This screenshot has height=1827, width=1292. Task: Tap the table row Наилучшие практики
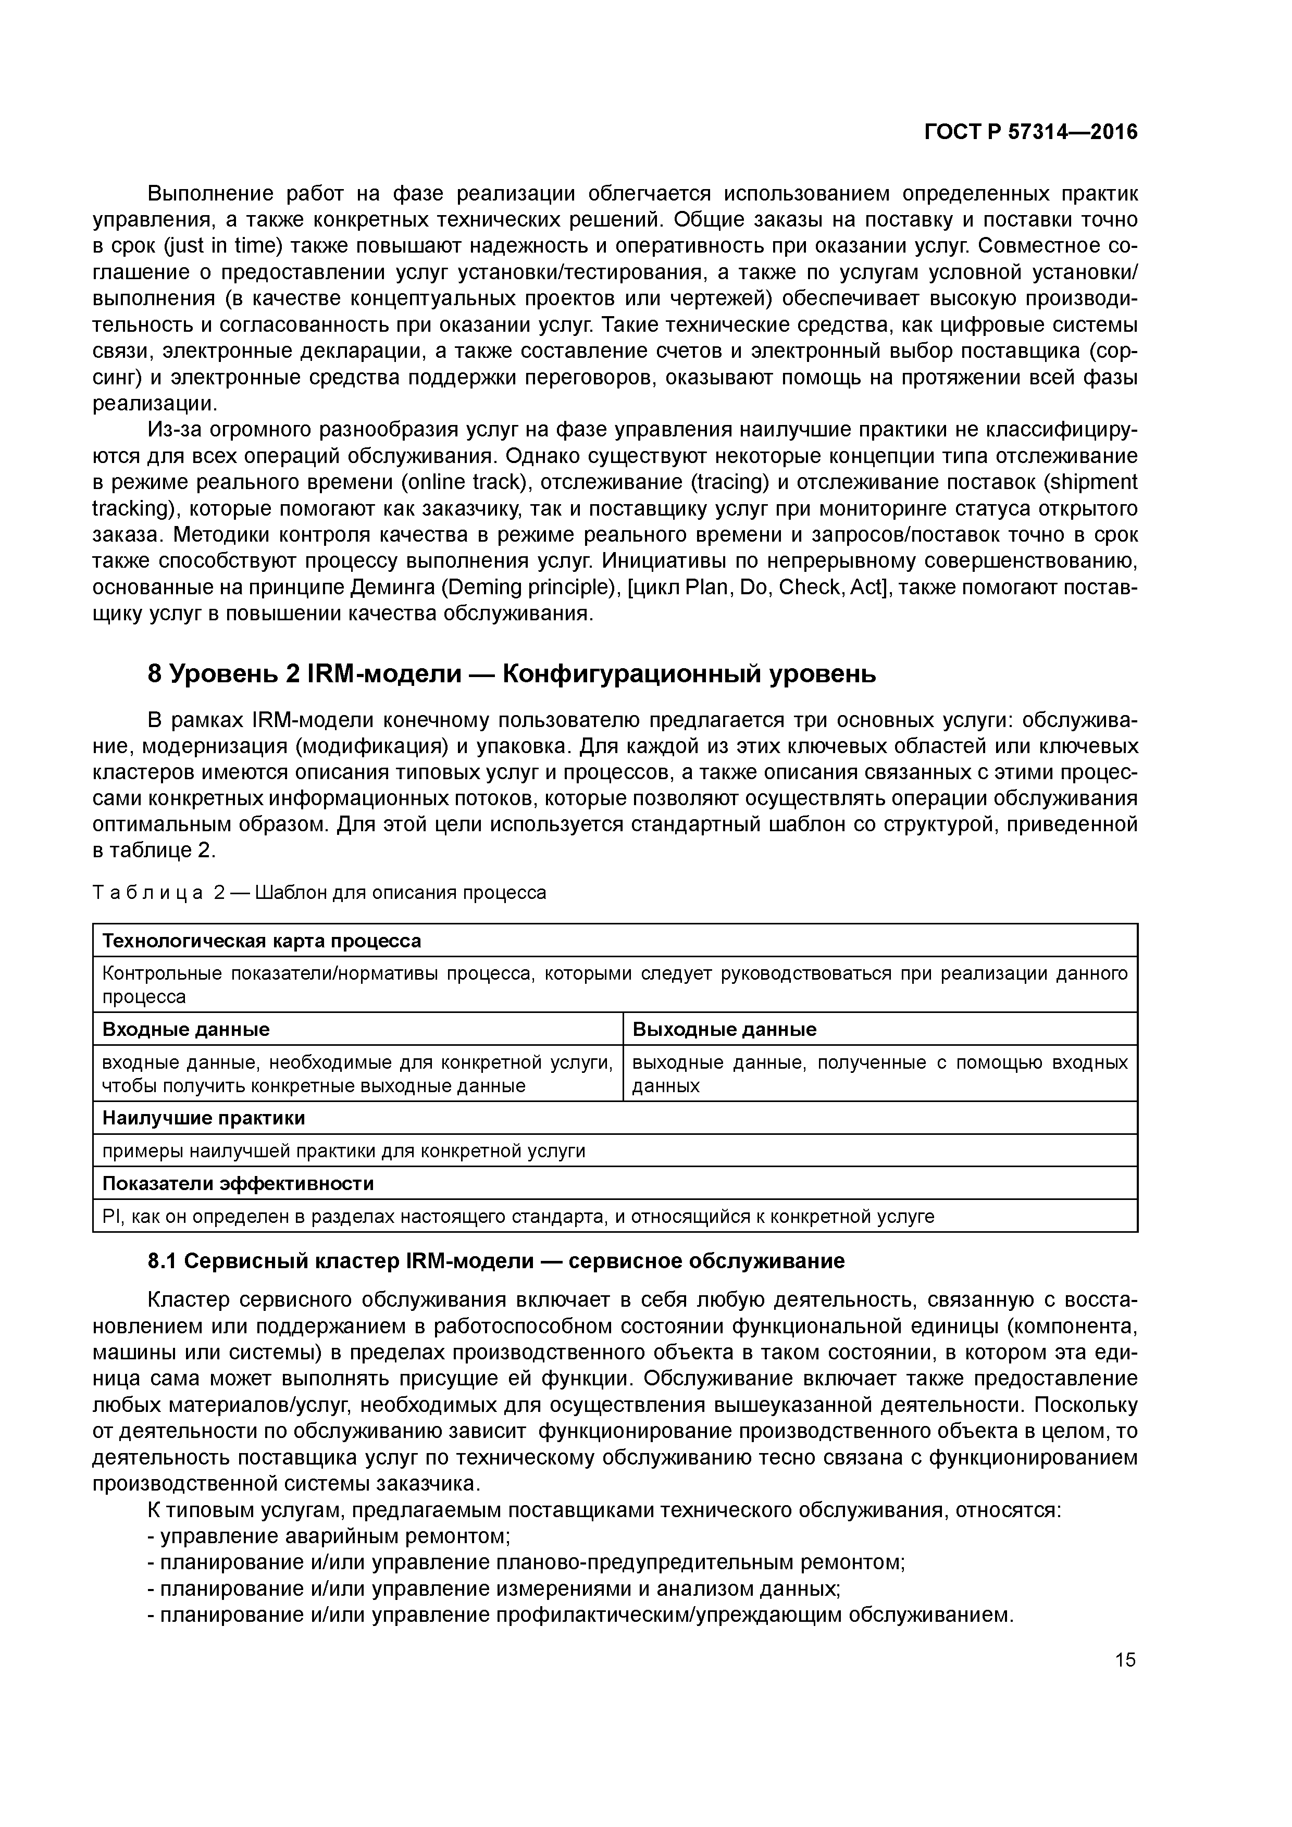[203, 1118]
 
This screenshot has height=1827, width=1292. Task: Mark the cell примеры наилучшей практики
[343, 1152]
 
